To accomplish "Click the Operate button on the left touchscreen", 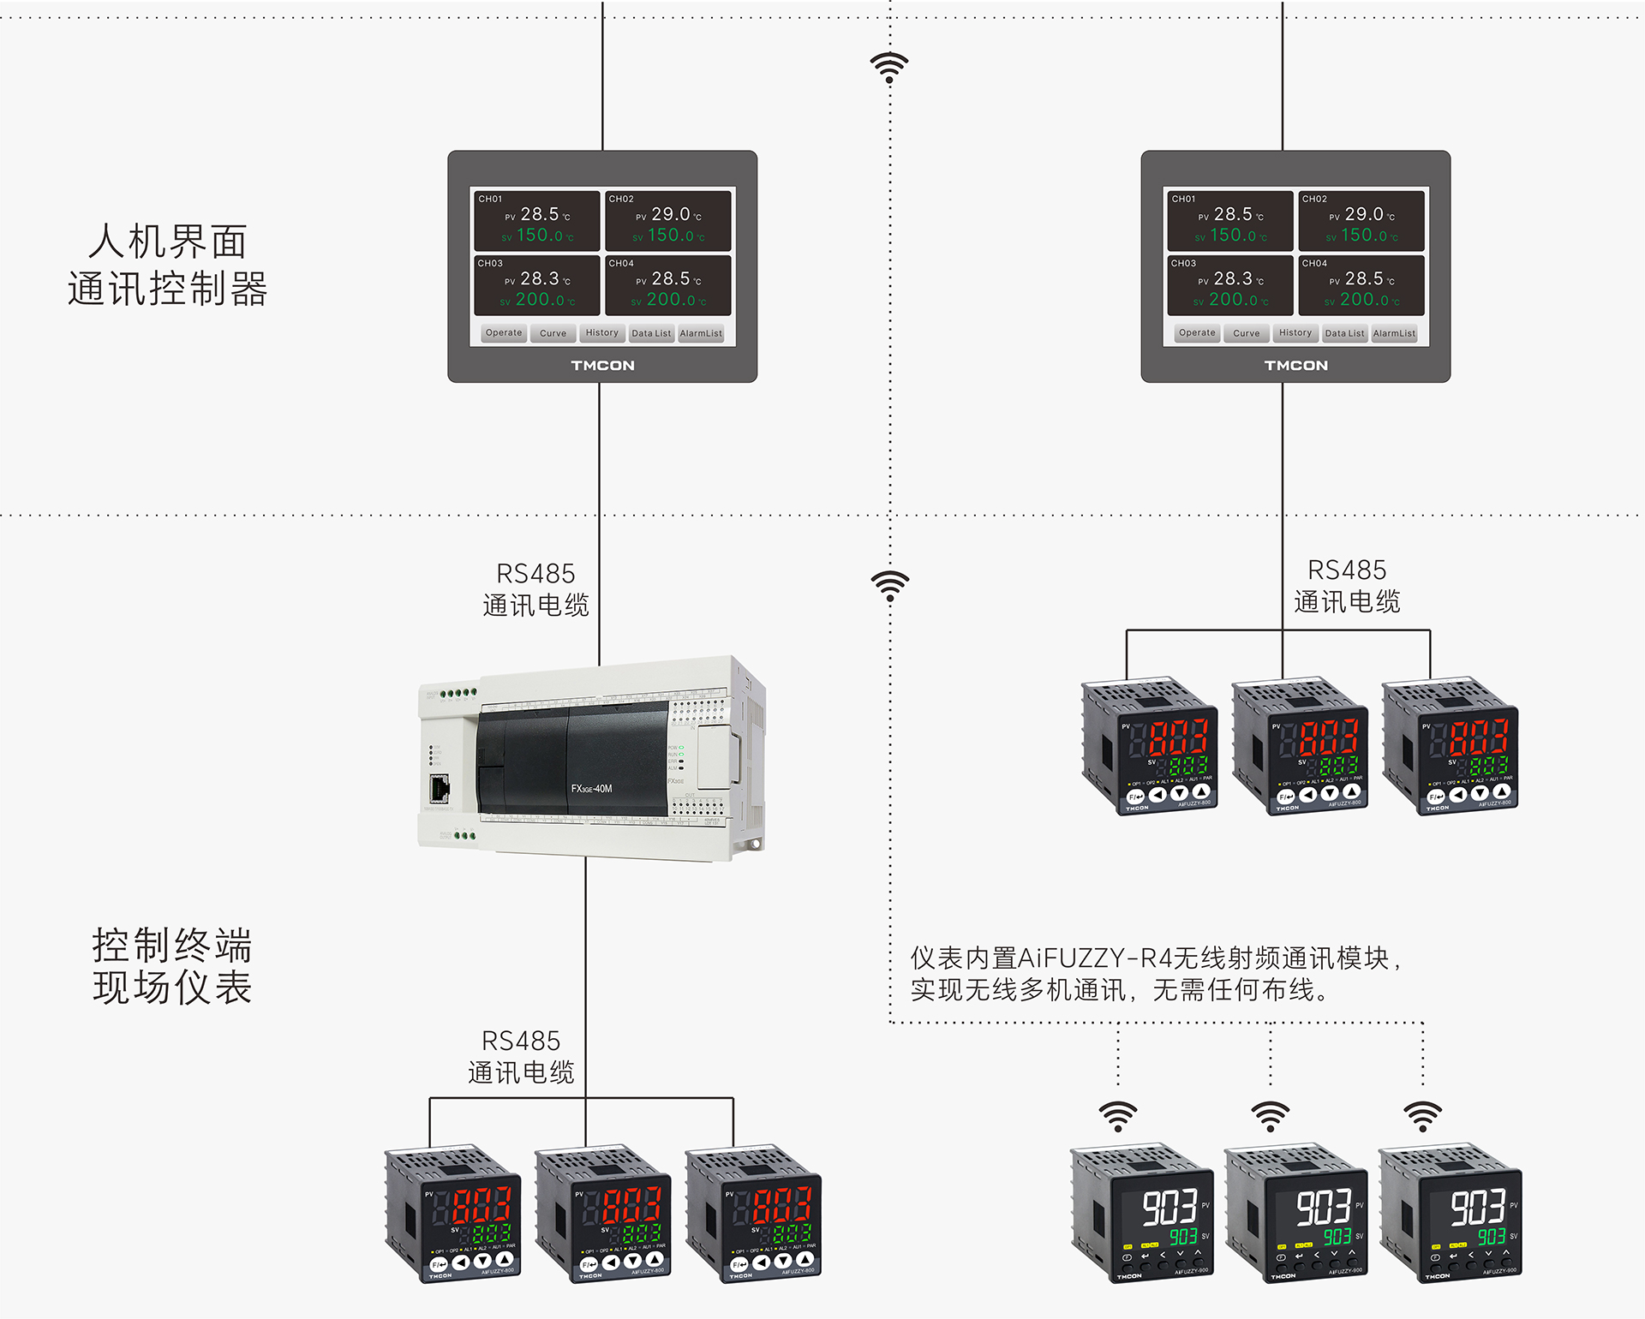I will (x=504, y=333).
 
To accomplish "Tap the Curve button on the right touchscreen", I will (x=1246, y=333).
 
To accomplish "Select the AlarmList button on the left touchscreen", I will (x=701, y=333).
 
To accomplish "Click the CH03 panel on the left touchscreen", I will (x=537, y=285).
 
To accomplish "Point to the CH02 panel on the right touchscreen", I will (x=1361, y=220).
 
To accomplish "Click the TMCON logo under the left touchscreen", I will (x=603, y=366).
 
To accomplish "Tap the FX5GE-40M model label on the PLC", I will (x=592, y=789).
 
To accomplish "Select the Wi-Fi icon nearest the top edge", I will (x=889, y=67).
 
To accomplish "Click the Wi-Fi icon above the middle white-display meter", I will (x=1271, y=1116).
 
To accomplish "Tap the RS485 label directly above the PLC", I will (x=535, y=574).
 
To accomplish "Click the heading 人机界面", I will (x=168, y=242).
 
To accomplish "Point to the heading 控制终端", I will (x=172, y=946).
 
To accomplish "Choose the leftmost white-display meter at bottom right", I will (x=1142, y=1212).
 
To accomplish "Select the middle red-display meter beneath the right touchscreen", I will (x=1300, y=747).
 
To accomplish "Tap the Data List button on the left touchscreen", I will (x=651, y=333).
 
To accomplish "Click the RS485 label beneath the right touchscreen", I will (x=1347, y=570).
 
